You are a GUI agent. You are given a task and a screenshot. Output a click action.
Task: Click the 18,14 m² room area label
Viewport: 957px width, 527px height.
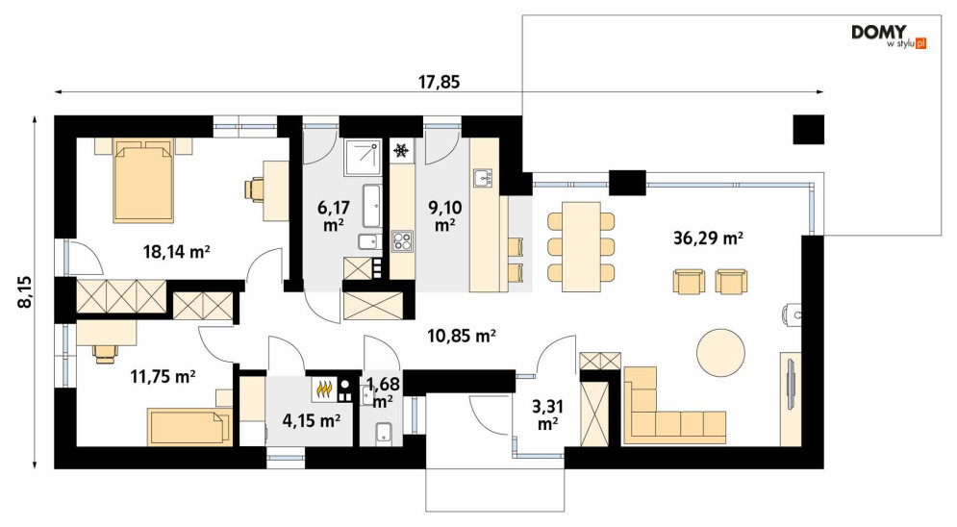click(176, 251)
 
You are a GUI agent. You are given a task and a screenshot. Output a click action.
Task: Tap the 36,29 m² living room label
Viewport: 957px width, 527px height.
click(708, 238)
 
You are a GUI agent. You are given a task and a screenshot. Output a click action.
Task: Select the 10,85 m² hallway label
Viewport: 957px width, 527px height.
click(462, 335)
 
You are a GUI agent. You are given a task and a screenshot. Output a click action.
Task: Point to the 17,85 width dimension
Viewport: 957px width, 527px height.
click(439, 82)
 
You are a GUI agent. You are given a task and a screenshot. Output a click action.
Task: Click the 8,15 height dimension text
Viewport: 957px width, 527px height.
click(26, 291)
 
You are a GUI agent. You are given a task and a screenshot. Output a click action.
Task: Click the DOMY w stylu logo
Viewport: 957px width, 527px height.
click(889, 37)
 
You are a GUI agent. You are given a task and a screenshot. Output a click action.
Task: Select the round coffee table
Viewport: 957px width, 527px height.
click(720, 352)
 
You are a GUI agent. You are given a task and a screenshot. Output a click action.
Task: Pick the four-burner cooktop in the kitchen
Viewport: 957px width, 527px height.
click(402, 240)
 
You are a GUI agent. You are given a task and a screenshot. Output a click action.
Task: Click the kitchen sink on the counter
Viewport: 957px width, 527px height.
click(484, 178)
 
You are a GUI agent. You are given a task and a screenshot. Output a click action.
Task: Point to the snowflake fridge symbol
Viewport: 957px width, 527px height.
click(401, 150)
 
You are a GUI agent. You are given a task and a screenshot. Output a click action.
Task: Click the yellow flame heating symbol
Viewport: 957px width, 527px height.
click(323, 389)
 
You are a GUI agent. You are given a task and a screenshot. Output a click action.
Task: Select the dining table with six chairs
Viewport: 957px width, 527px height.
click(581, 246)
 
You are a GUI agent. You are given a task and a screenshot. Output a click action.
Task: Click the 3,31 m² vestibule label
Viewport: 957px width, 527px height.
click(547, 414)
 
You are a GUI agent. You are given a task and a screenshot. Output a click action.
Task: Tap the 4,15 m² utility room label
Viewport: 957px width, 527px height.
click(312, 419)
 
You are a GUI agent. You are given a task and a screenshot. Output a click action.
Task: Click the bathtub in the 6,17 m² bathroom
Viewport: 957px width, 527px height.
click(371, 206)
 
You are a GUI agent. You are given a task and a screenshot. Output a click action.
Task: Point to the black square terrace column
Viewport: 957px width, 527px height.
click(809, 129)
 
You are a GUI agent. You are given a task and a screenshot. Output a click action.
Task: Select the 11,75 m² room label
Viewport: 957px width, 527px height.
click(163, 376)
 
